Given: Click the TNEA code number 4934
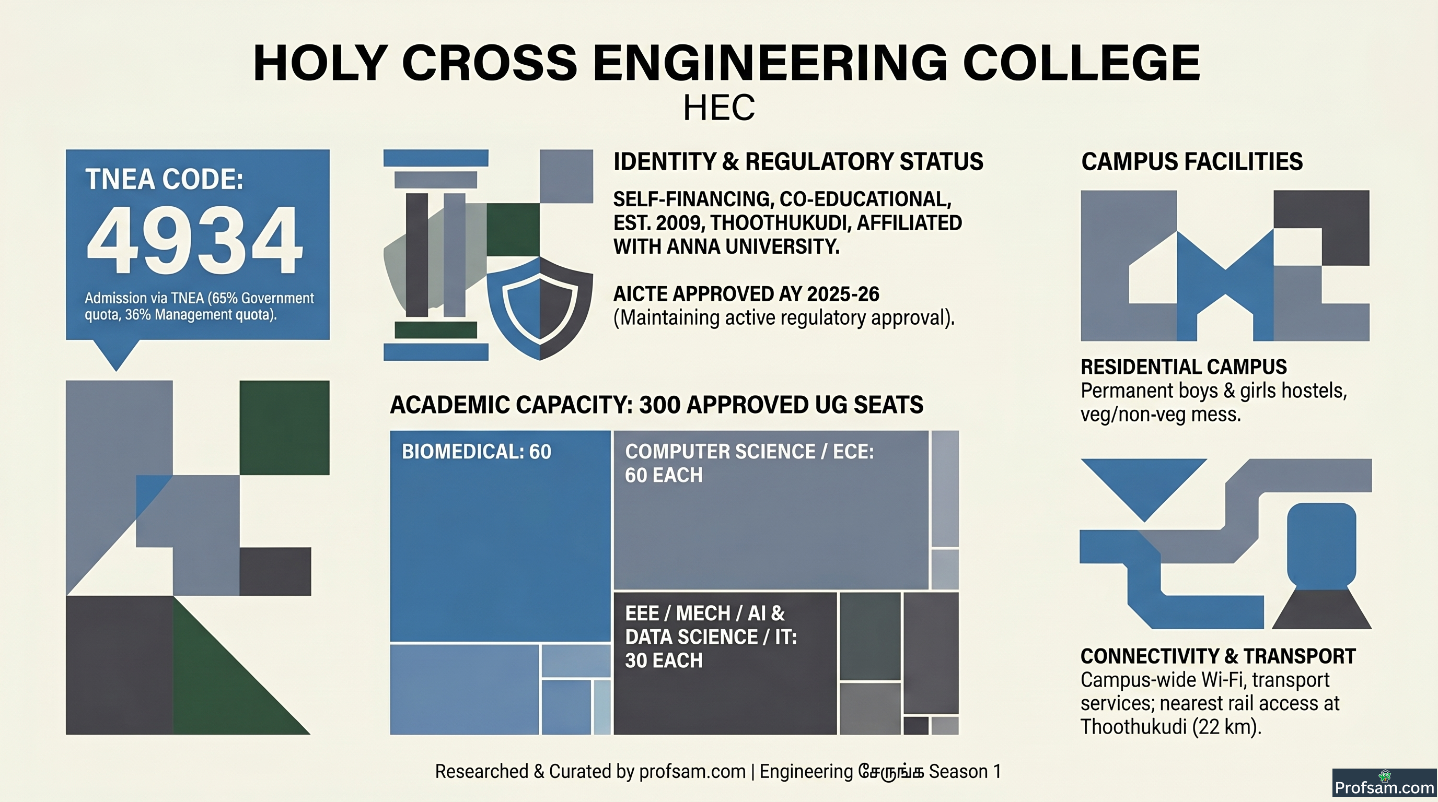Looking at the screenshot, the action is pyautogui.click(x=195, y=240).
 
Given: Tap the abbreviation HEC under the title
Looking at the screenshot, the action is pyautogui.click(x=719, y=108).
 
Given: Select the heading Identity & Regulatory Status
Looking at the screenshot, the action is pyautogui.click(x=798, y=162).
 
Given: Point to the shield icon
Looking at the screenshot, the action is pyautogui.click(x=540, y=308).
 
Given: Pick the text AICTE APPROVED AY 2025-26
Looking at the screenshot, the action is pyautogui.click(x=746, y=294).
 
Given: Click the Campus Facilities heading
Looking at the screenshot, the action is pyautogui.click(x=1192, y=162).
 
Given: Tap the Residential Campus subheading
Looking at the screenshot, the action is pyautogui.click(x=1184, y=367).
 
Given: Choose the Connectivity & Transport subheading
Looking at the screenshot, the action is pyautogui.click(x=1218, y=656).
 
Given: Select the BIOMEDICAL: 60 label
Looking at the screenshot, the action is pyautogui.click(x=476, y=452).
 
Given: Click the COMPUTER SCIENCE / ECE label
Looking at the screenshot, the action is pyautogui.click(x=749, y=452).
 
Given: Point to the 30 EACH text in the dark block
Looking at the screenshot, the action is pyautogui.click(x=664, y=661).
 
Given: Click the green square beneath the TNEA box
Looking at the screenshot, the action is pyautogui.click(x=285, y=428).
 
